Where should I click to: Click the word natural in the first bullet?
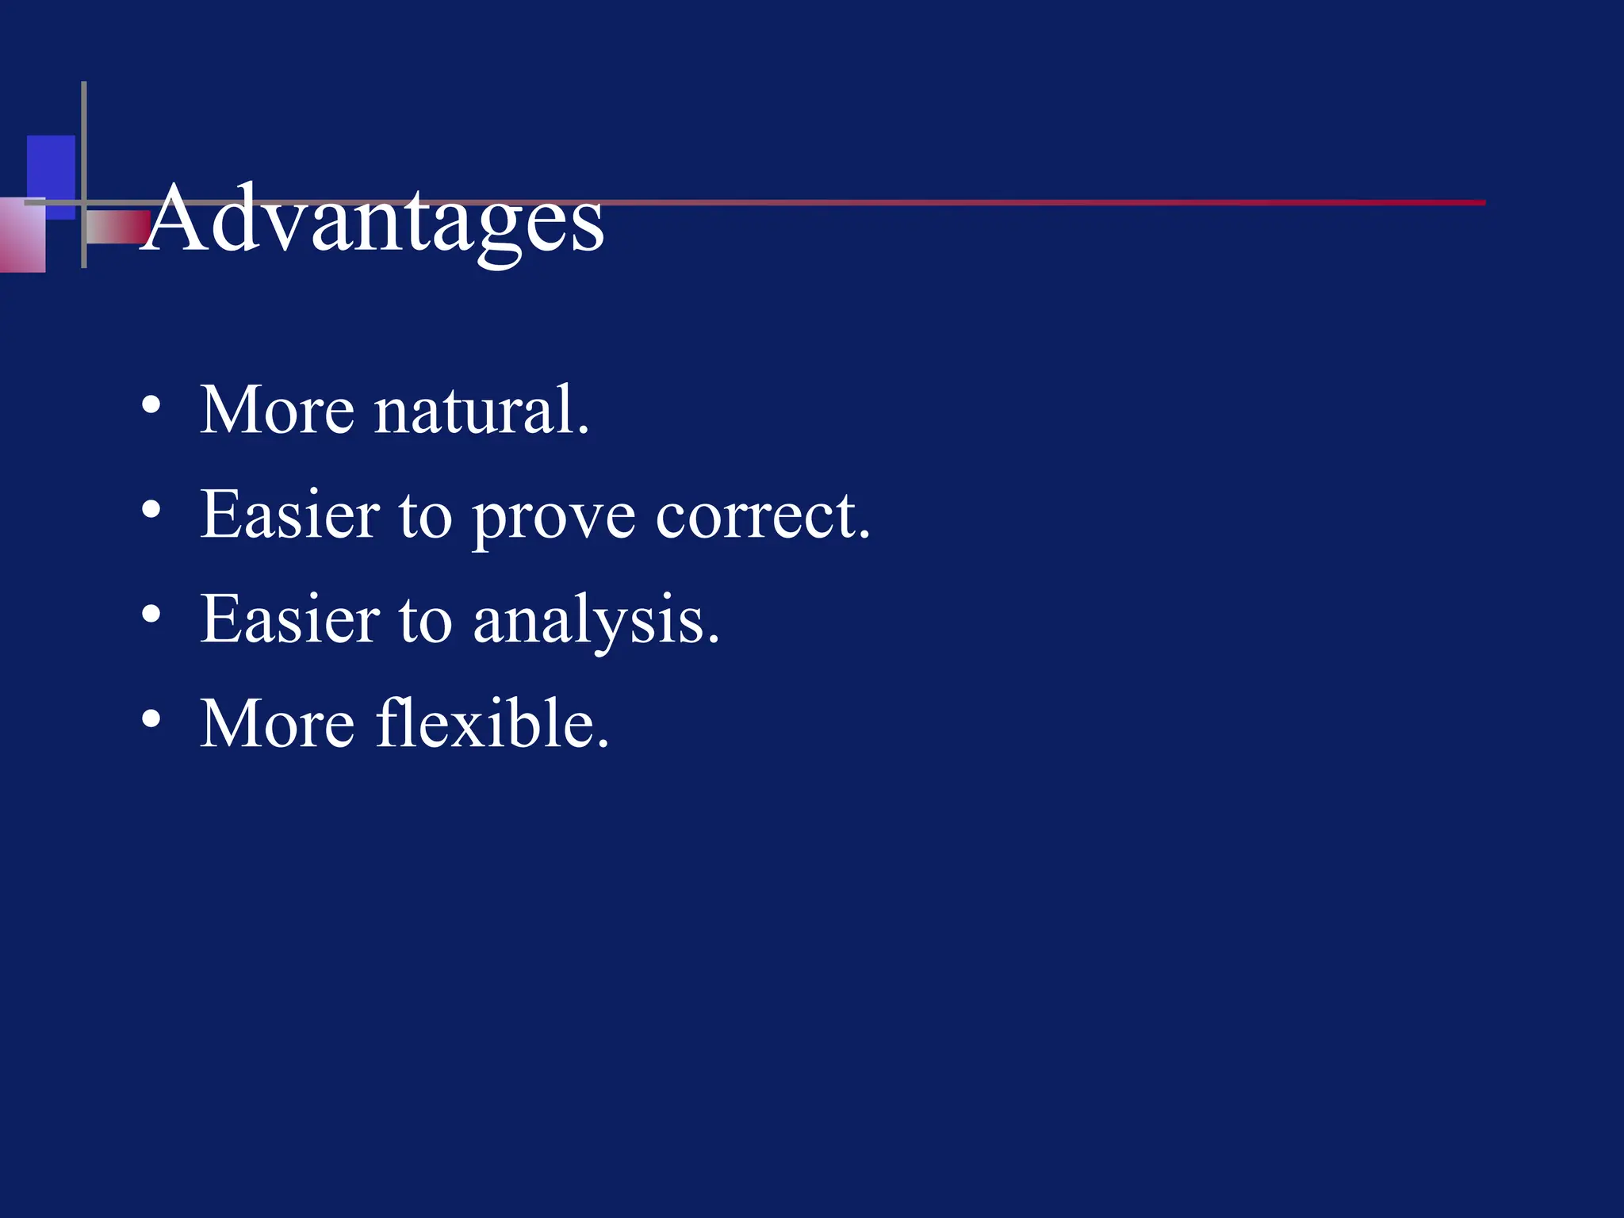coord(481,411)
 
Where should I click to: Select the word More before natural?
coord(277,411)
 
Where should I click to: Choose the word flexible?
coord(492,723)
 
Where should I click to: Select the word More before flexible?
coord(277,725)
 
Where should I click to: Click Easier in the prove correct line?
coord(289,515)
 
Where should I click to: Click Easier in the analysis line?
coord(289,620)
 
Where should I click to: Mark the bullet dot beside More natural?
coord(151,406)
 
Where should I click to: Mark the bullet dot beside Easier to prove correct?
coord(151,511)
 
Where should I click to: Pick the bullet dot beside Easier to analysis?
coord(151,615)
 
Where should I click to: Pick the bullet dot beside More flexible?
coord(151,719)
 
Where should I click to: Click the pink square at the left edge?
coord(21,238)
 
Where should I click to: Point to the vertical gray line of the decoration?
coord(84,143)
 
